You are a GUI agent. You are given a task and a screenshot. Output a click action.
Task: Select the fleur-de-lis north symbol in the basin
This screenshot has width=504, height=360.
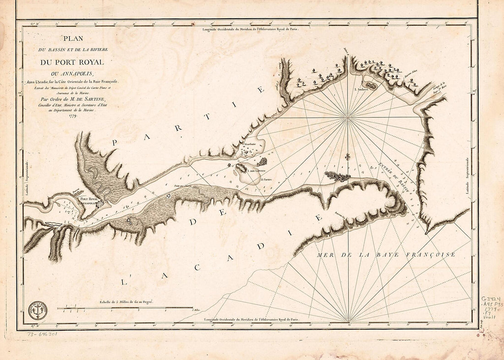click(x=348, y=157)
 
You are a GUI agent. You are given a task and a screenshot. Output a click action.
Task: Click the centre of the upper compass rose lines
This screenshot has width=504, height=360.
click(x=348, y=118)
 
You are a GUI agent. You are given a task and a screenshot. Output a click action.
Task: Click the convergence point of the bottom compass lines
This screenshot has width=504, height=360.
click(x=349, y=321)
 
